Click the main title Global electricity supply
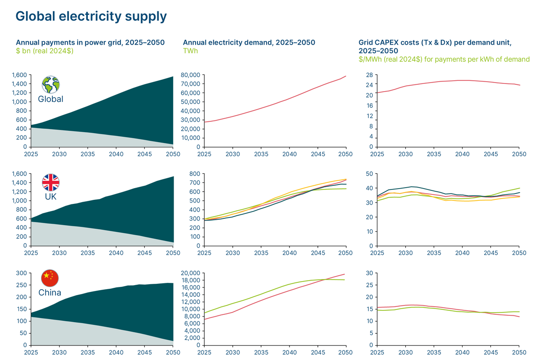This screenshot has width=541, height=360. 91,16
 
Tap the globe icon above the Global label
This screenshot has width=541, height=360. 50,84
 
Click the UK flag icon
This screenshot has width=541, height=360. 50,182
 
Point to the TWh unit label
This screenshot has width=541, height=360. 190,51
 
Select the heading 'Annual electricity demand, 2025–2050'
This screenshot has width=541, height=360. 249,42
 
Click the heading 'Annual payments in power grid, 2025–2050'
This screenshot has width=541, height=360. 90,42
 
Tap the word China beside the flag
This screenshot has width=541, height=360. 50,292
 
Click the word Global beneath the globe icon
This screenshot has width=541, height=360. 50,99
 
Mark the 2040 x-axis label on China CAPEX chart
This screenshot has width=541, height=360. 462,352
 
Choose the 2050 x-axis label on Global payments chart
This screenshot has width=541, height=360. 173,154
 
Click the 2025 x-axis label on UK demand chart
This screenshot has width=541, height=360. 204,253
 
